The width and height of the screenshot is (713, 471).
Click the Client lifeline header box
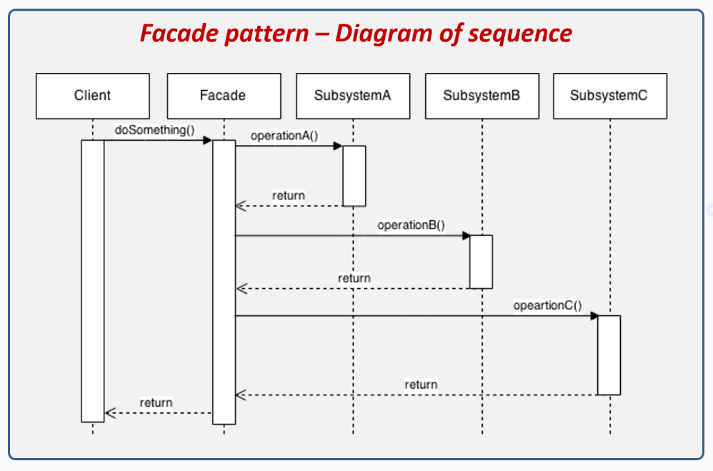[93, 96]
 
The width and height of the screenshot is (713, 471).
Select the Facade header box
[224, 96]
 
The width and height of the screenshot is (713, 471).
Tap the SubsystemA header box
[353, 96]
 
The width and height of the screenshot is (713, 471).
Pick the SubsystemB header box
[482, 96]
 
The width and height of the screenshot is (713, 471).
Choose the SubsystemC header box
[609, 96]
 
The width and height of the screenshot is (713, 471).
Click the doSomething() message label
[154, 131]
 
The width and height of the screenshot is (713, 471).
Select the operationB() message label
[411, 225]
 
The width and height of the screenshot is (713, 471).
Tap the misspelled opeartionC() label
[547, 306]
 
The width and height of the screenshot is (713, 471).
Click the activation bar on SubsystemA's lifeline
[354, 176]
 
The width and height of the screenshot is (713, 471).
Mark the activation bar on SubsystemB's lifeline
[481, 262]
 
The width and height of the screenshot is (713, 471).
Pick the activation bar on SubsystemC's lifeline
[609, 355]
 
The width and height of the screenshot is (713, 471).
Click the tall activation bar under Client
[93, 280]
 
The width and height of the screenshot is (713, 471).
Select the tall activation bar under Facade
[224, 282]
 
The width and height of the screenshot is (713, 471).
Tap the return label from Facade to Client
[156, 402]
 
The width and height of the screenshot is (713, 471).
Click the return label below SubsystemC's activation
[421, 385]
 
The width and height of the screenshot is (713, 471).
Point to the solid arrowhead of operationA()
[338, 146]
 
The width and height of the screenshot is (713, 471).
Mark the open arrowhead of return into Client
[109, 412]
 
